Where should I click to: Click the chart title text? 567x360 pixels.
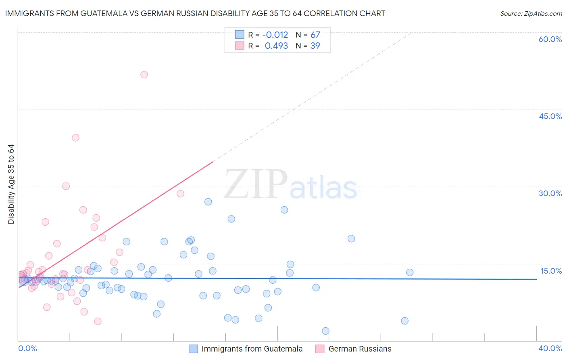click(195, 13)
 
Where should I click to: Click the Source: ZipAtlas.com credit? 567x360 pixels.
click(531, 13)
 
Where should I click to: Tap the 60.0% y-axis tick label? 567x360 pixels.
click(550, 39)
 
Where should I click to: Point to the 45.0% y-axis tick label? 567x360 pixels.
click(550, 116)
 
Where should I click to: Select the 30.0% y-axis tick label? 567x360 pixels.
click(550, 193)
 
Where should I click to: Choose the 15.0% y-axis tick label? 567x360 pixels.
click(551, 271)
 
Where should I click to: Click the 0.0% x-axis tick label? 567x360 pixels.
click(27, 348)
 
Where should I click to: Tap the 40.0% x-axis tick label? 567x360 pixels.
click(550, 348)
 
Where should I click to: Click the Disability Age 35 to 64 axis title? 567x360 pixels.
click(11, 184)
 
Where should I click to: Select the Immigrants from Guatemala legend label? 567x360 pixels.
click(252, 349)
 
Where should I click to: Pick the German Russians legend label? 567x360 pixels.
click(360, 349)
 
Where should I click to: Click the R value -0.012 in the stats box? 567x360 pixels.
click(275, 35)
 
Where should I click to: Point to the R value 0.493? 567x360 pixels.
click(276, 46)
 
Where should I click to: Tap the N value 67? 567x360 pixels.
click(315, 35)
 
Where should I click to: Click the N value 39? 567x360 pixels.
click(315, 46)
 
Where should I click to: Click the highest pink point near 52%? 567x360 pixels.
click(144, 75)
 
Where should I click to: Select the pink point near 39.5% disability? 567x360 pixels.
click(75, 138)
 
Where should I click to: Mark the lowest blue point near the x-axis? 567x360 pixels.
click(325, 331)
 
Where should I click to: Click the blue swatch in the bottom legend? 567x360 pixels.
click(194, 349)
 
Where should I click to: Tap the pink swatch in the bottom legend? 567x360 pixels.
click(320, 349)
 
